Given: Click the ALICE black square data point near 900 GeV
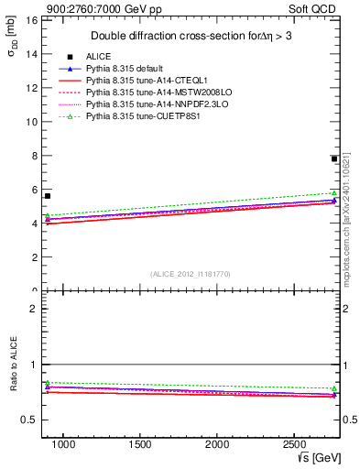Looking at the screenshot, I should (48, 196).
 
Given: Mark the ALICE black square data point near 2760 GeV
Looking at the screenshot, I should (334, 158).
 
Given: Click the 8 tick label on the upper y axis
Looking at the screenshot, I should (35, 156).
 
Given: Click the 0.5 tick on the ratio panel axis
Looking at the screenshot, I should (30, 420).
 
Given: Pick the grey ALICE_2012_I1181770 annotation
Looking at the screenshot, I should (190, 274).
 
